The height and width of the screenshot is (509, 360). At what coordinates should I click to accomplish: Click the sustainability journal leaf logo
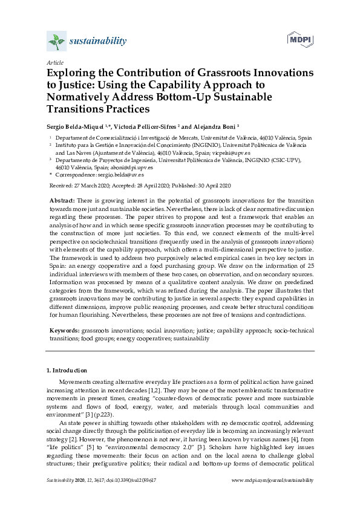click(56, 42)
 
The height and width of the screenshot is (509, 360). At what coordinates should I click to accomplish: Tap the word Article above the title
click(55, 62)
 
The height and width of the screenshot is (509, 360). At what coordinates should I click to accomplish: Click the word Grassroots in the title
click(224, 73)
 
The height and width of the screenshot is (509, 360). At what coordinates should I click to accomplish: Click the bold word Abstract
click(61, 199)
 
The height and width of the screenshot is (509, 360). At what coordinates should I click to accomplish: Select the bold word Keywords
click(64, 331)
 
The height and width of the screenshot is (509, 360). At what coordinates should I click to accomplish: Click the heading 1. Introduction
click(67, 369)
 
